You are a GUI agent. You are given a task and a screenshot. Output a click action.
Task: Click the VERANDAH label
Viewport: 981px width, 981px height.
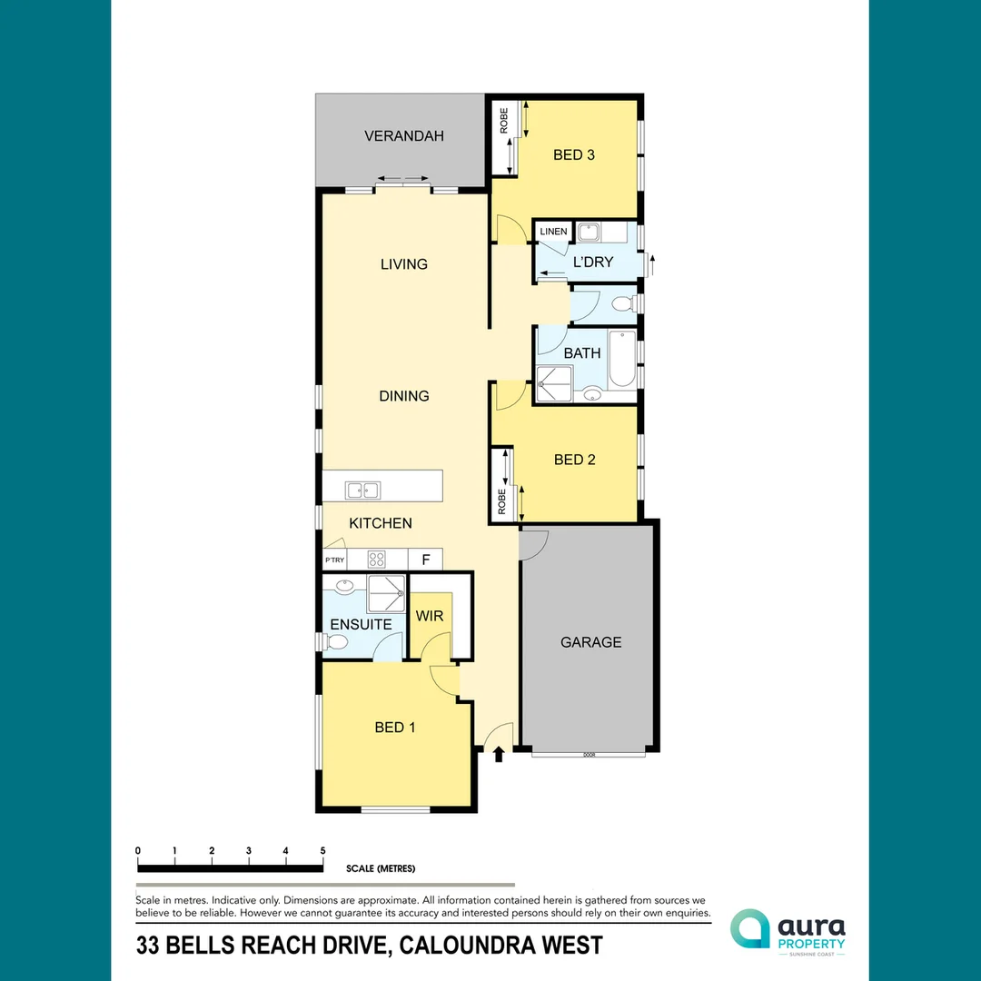(404, 136)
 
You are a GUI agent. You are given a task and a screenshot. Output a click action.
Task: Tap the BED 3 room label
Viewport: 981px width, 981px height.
(574, 155)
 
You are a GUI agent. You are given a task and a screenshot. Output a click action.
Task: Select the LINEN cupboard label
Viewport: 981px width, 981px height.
(553, 232)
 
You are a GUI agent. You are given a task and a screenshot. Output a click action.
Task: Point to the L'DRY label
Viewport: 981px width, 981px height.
(593, 263)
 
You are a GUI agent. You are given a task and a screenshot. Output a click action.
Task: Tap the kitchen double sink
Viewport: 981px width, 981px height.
(362, 490)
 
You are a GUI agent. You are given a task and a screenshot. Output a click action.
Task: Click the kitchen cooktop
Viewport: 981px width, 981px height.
(377, 560)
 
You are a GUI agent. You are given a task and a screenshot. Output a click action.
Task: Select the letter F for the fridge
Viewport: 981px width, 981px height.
(425, 560)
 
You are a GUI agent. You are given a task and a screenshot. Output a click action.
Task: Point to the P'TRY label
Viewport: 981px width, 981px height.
(334, 560)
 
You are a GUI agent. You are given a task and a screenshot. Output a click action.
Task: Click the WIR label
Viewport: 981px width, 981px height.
(430, 617)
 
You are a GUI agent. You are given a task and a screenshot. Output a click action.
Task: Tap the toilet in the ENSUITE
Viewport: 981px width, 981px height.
(336, 642)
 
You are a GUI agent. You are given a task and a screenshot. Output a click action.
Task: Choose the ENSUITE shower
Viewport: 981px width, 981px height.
(386, 593)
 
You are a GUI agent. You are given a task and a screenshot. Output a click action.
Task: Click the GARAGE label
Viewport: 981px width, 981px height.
(590, 642)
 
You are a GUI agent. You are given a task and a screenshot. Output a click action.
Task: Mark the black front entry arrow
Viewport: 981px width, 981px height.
(498, 753)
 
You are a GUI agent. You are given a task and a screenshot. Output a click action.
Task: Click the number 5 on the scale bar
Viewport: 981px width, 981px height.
(322, 850)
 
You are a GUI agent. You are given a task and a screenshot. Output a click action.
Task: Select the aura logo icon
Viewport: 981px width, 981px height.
(750, 928)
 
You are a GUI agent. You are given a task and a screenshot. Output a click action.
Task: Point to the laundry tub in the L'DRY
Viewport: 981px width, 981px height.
(586, 232)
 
